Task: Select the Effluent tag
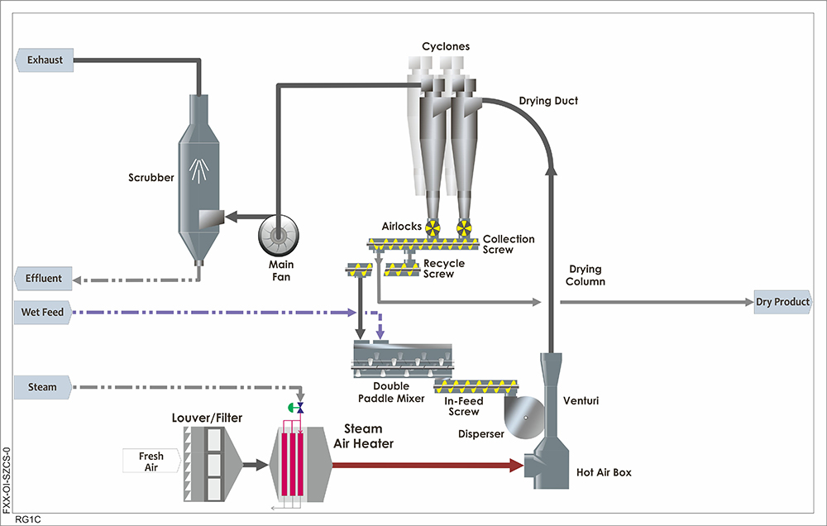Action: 44,279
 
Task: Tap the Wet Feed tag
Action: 44,313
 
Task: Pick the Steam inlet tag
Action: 42,386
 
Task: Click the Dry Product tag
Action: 782,302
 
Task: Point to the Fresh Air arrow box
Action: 151,461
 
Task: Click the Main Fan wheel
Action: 279,237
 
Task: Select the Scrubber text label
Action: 151,177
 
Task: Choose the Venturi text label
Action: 581,401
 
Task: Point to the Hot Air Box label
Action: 602,473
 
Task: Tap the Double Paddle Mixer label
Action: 399,392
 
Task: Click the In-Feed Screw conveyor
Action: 478,385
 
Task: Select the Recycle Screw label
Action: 444,269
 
